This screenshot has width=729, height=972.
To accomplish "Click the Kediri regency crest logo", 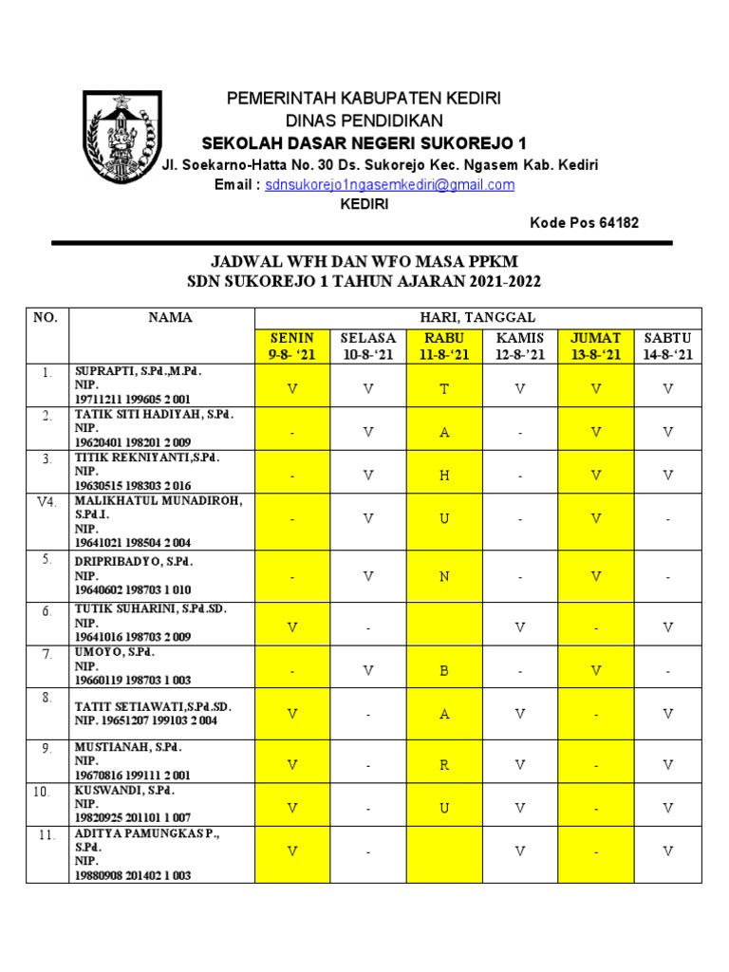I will [121, 137].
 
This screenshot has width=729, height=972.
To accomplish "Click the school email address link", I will [389, 185].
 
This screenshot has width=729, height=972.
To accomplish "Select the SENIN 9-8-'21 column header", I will [292, 346].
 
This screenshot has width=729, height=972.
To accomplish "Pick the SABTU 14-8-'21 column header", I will [667, 346].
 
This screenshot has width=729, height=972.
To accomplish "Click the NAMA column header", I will [171, 318].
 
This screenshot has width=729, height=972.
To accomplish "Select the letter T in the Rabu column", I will [444, 388].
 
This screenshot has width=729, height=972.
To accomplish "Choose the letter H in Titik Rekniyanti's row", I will [444, 476].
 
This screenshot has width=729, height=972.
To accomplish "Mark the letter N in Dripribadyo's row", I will [444, 576].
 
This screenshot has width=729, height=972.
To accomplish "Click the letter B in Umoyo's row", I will [444, 671].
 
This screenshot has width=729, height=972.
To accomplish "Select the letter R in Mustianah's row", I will [444, 764].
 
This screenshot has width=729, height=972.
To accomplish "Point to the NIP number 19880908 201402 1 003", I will [133, 875].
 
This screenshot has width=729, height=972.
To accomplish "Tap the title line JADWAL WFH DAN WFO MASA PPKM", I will [364, 261].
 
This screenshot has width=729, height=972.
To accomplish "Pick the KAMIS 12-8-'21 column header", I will [519, 346].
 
